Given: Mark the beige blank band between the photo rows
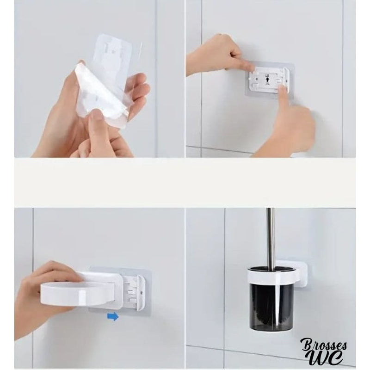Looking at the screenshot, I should (185, 183).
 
